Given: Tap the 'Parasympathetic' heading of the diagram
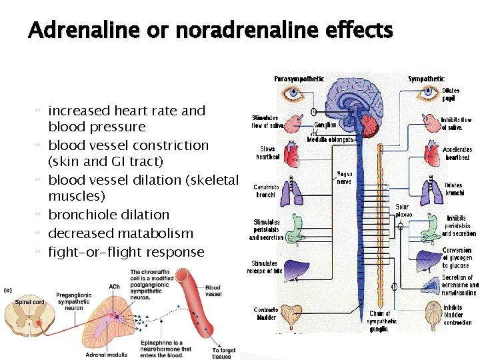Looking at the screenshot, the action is click(299, 79).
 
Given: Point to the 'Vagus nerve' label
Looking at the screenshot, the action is click(344, 177).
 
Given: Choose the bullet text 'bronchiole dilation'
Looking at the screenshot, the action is click(109, 215).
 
